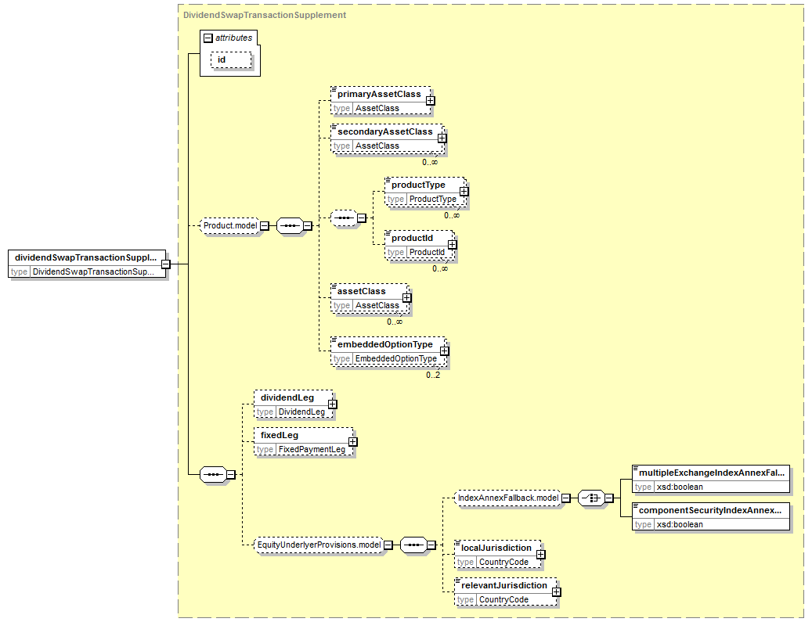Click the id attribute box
[231, 60]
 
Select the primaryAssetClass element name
[379, 94]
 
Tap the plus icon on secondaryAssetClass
[442, 138]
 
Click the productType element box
[425, 192]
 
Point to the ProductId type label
[427, 252]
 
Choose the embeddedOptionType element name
[384, 344]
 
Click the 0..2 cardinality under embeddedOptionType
[433, 376]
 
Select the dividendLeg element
[293, 404]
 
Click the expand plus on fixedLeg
[352, 442]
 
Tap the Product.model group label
[230, 225]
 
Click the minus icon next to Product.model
[265, 225]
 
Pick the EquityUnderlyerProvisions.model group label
[319, 545]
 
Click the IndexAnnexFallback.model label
[508, 498]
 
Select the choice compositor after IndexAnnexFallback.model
[591, 498]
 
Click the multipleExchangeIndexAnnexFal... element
[711, 479]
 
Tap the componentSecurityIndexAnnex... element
[711, 516]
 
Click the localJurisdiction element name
[496, 548]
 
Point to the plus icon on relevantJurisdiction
[556, 592]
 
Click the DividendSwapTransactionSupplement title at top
[265, 15]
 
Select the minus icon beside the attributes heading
[208, 38]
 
